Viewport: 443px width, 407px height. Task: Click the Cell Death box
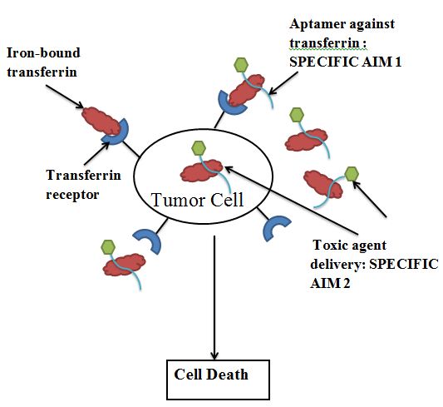coord(216,375)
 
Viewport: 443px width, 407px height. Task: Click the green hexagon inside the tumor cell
coord(199,148)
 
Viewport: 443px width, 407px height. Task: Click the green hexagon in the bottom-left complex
coord(107,246)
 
